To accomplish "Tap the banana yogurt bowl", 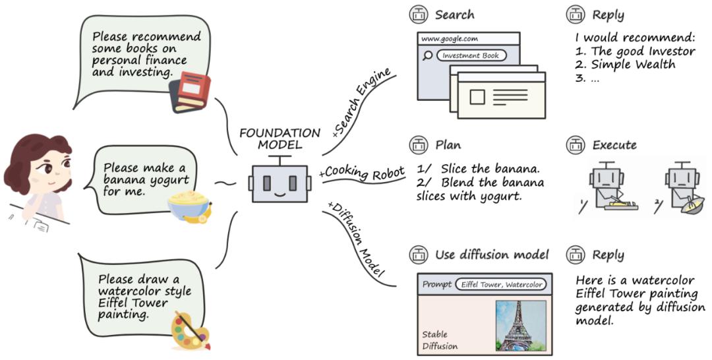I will (x=186, y=204).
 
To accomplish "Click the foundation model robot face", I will (x=280, y=183).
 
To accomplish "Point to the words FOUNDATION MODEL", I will (x=280, y=138).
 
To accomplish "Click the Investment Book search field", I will (x=471, y=56).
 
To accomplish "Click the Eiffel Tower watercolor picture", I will (x=521, y=326).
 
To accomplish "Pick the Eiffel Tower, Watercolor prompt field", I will (x=500, y=284).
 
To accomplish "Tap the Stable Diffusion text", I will (x=440, y=340).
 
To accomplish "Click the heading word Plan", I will (x=448, y=145).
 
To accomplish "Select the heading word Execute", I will (x=614, y=145).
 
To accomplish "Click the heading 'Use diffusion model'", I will (x=492, y=255).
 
